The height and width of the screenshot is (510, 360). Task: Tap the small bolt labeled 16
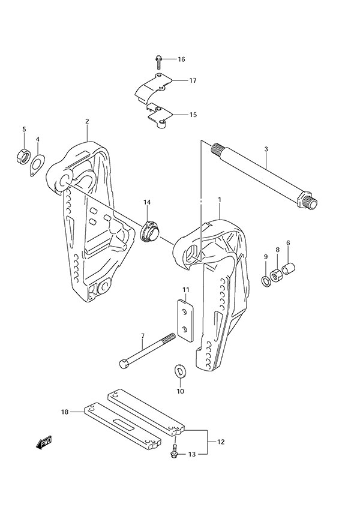tap(157, 59)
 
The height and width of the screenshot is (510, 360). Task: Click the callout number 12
tap(221, 442)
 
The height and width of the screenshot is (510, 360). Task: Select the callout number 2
tap(87, 121)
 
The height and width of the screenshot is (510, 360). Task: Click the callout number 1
tap(220, 199)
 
